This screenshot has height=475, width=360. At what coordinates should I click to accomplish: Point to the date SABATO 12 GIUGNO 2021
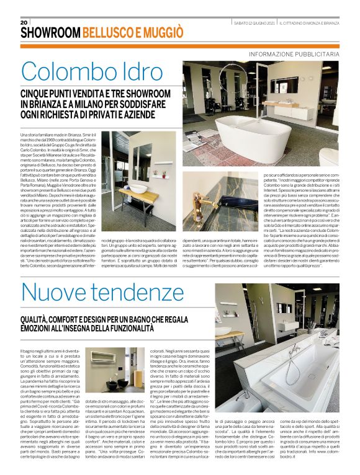(x=251, y=22)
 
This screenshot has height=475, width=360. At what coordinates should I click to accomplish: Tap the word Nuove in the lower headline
(x=56, y=295)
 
